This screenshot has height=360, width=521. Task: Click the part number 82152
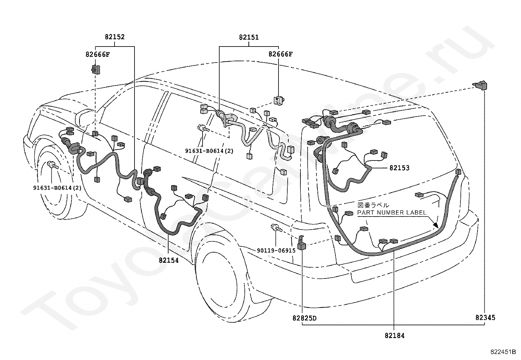click(115, 37)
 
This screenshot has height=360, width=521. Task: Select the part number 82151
click(249, 37)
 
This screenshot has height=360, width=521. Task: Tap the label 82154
click(169, 260)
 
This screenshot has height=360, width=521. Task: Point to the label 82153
click(399, 168)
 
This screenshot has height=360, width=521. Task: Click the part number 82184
click(394, 335)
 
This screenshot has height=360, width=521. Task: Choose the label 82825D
click(304, 318)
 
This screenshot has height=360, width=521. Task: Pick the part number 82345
click(485, 318)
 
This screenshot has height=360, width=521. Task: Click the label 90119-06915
click(276, 251)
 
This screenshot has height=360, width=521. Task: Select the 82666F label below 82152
click(98, 54)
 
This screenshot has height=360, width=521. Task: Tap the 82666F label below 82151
click(280, 54)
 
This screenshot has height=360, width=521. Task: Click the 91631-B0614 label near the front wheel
click(57, 188)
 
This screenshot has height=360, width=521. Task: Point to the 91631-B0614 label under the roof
click(209, 151)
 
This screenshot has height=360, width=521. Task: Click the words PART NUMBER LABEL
click(392, 213)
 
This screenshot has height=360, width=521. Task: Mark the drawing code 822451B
click(503, 351)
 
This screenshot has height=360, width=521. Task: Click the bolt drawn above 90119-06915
click(276, 228)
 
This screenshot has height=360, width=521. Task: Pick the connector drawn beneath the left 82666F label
click(95, 69)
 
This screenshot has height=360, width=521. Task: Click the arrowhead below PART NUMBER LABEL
click(435, 225)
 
